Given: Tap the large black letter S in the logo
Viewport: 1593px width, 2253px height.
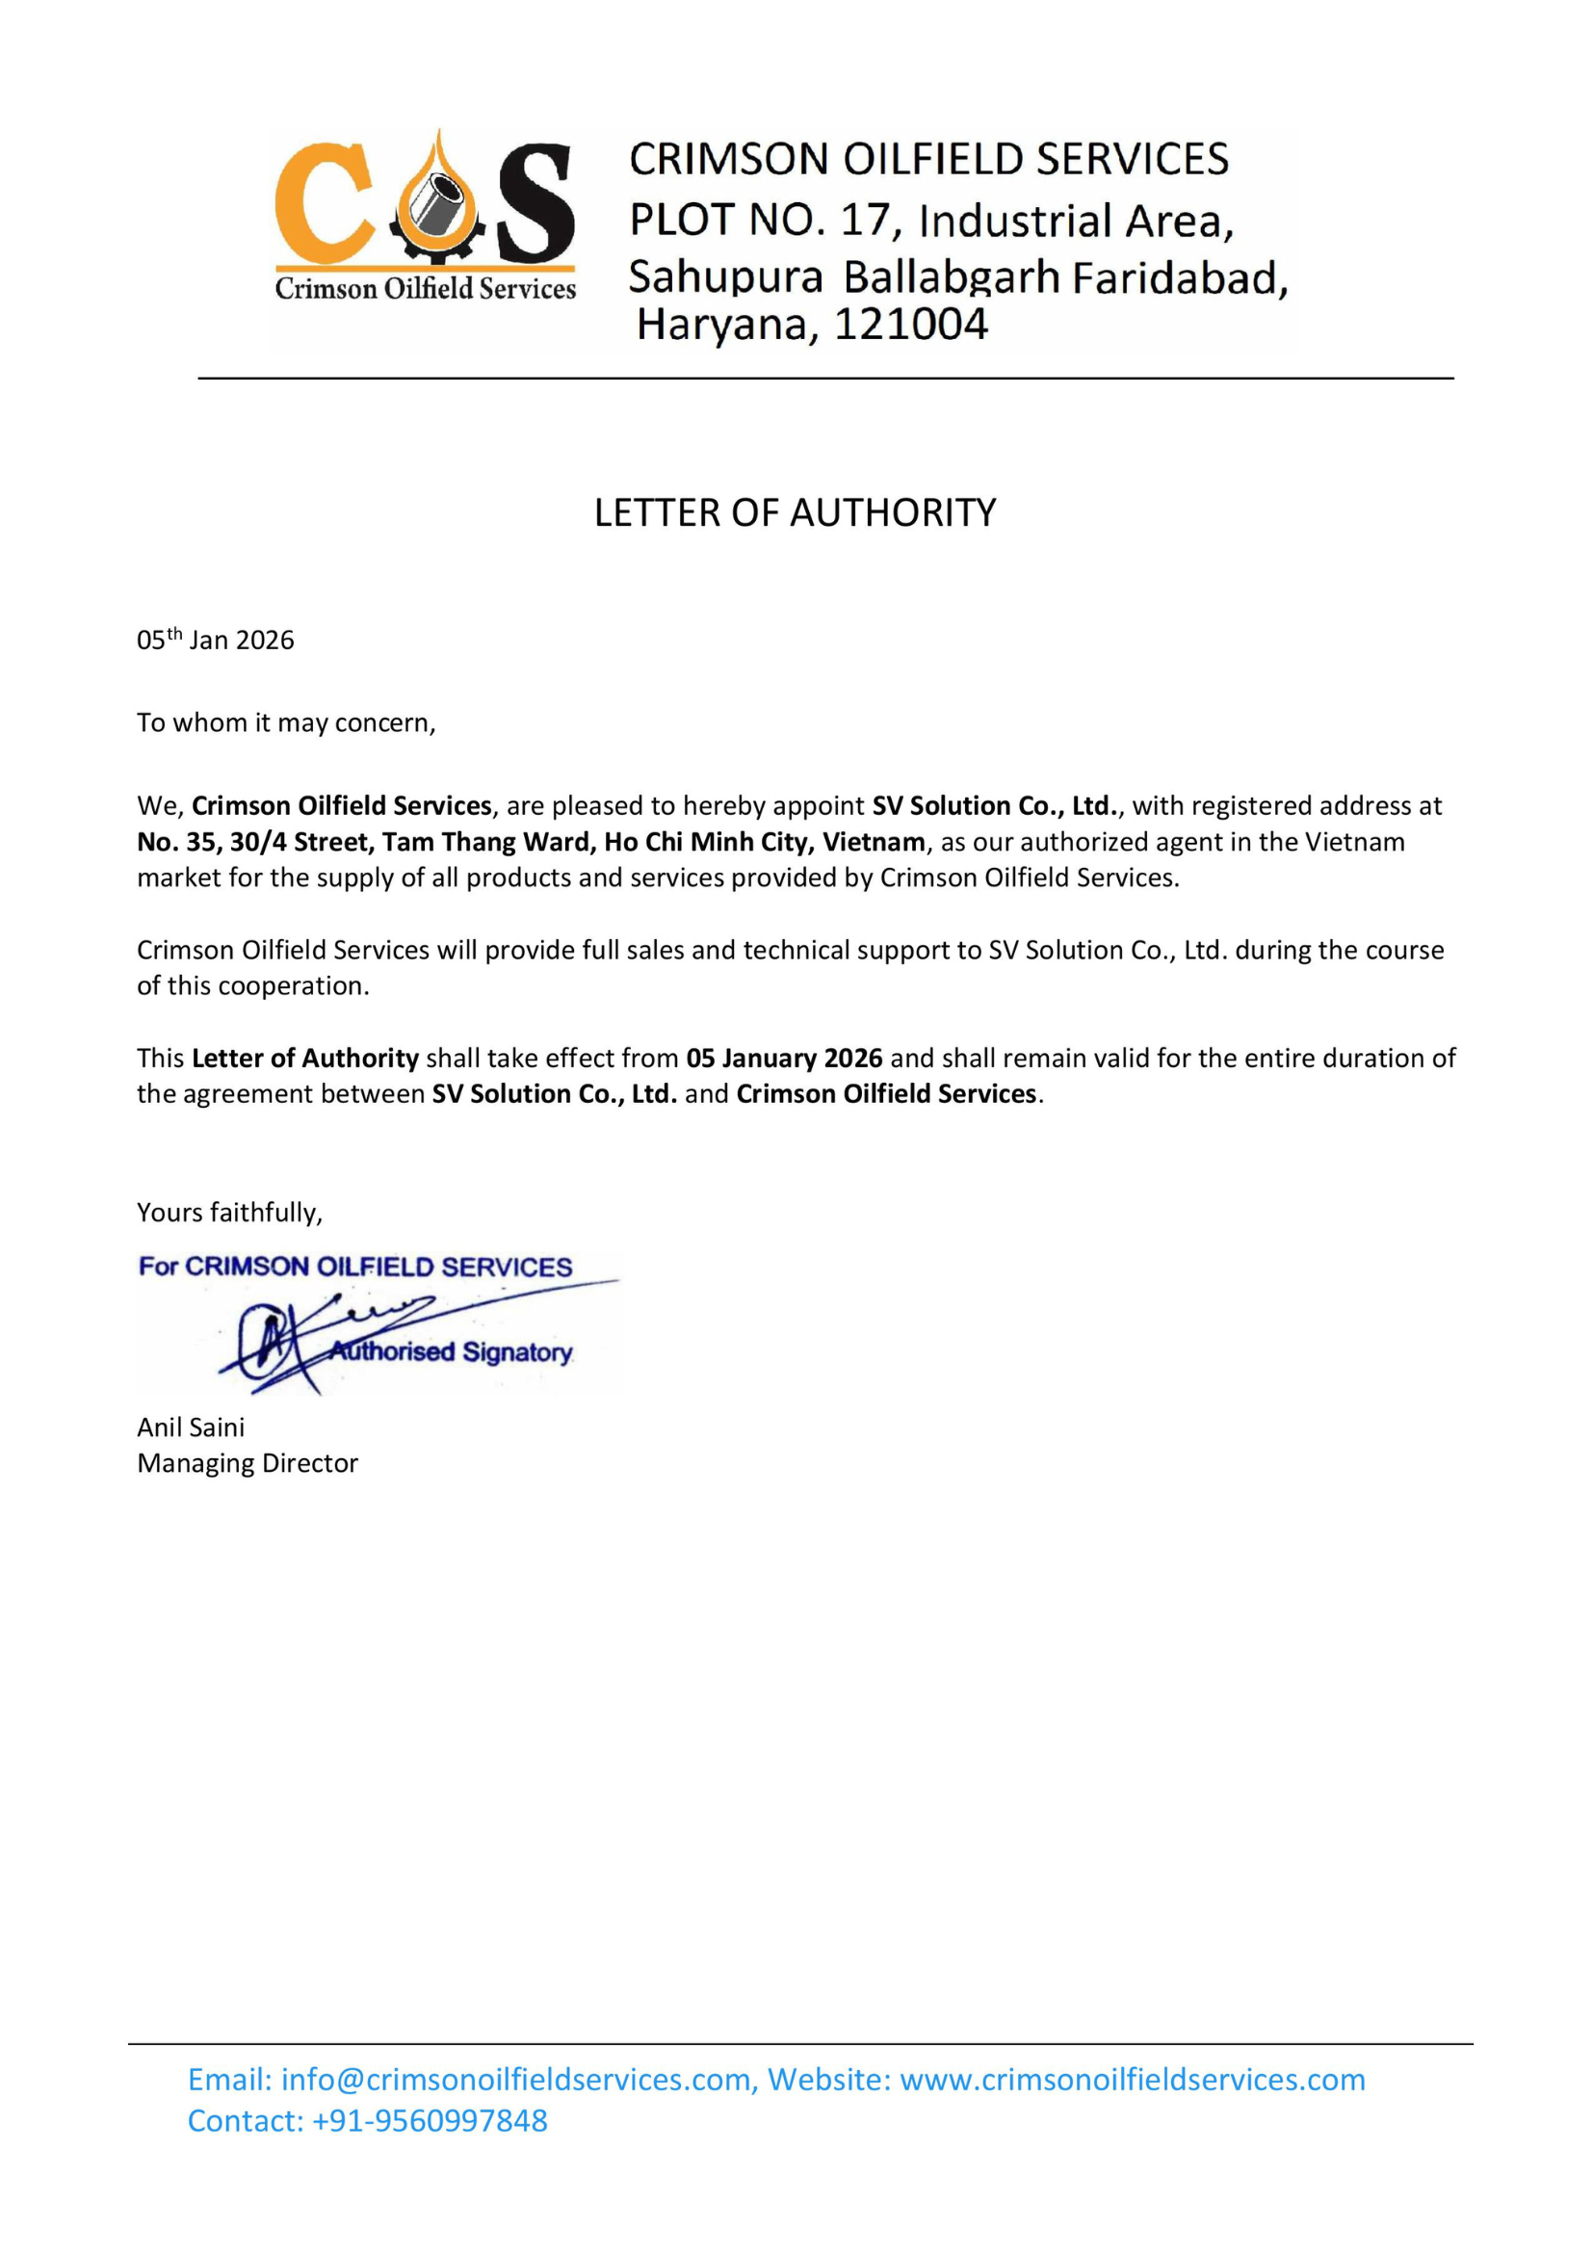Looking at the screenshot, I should (x=535, y=203).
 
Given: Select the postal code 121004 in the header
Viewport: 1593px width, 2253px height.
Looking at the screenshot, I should (x=910, y=325).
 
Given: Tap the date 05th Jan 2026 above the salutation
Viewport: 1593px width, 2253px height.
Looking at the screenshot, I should (x=216, y=640).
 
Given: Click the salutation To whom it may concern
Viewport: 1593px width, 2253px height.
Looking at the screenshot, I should (x=285, y=722).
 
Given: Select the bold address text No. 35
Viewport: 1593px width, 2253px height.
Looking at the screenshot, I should (x=177, y=842).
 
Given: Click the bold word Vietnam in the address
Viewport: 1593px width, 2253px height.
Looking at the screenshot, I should (x=873, y=842).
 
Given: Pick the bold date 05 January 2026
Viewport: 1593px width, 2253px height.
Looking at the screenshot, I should (x=784, y=1058).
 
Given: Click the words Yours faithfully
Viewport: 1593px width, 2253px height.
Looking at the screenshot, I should (x=229, y=1212).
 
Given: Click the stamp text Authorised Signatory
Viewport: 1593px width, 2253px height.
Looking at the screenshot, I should (x=451, y=1352).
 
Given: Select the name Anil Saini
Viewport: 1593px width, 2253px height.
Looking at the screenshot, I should (x=192, y=1427).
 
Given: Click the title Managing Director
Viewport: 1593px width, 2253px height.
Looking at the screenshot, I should (x=248, y=1463).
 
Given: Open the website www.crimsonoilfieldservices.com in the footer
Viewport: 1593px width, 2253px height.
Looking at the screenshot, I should (x=1132, y=2080).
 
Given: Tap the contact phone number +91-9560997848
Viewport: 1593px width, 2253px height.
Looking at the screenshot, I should (x=430, y=2120).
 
